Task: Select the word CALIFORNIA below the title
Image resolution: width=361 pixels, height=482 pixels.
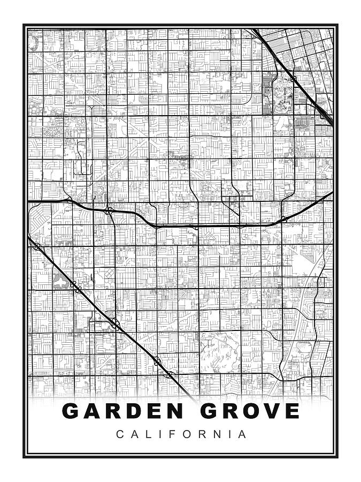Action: pos(181,434)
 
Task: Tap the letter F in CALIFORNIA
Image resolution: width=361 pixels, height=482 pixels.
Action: pos(171,434)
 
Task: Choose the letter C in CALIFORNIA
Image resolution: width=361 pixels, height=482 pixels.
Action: pos(119,434)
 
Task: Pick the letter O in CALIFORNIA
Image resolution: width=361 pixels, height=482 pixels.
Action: pos(184,434)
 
